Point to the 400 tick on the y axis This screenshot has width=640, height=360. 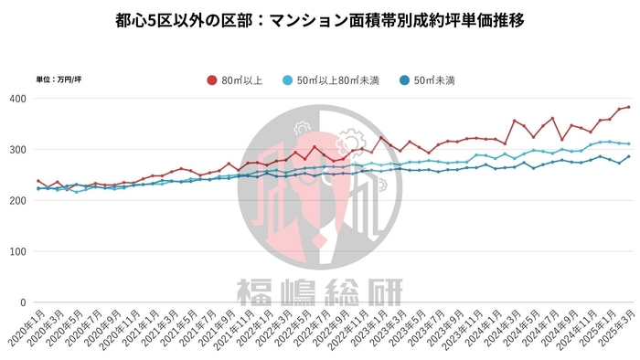pyautogui.click(x=17, y=99)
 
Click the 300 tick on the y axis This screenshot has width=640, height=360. pyautogui.click(x=17, y=150)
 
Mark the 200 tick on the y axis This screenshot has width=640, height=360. pyautogui.click(x=17, y=201)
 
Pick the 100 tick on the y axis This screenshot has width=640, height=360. pyautogui.click(x=17, y=251)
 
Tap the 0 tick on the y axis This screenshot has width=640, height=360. pyautogui.click(x=24, y=302)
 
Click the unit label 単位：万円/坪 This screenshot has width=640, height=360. pyautogui.click(x=58, y=80)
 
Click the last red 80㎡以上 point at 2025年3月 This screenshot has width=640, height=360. pyautogui.click(x=628, y=107)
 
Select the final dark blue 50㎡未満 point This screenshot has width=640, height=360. pyautogui.click(x=628, y=156)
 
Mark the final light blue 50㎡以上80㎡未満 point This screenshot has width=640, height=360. pyautogui.click(x=628, y=143)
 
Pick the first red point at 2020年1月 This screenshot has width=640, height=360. pyautogui.click(x=37, y=181)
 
